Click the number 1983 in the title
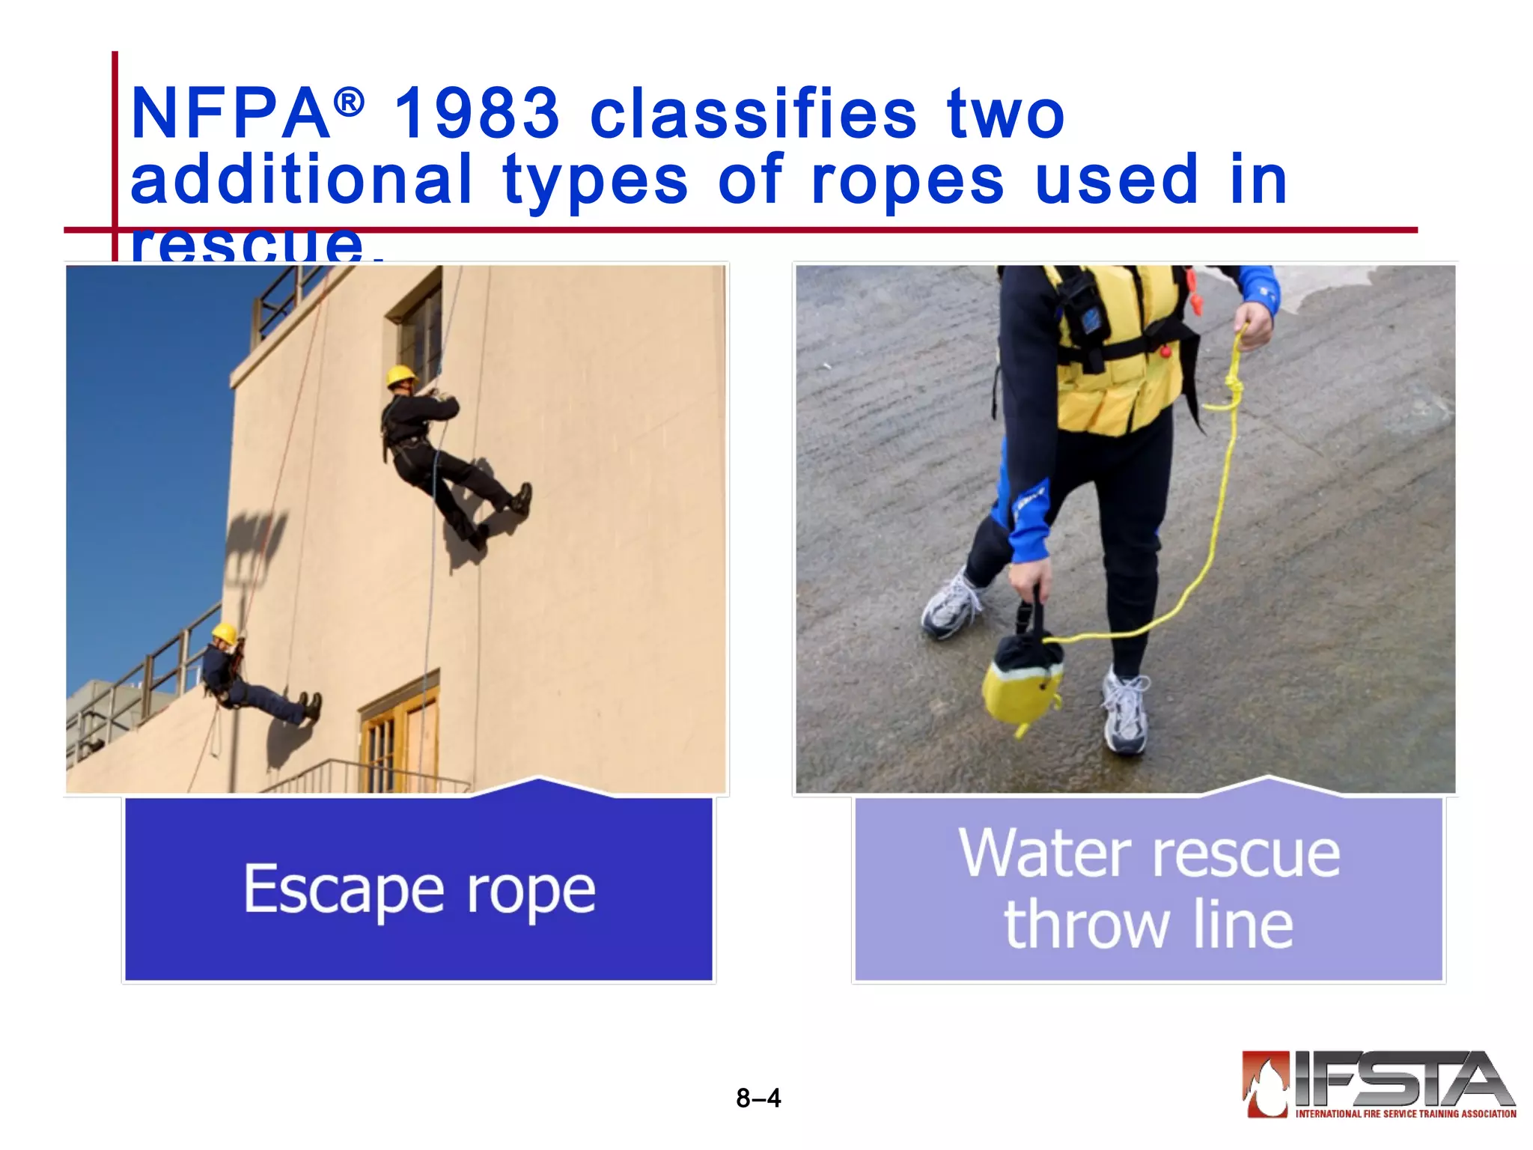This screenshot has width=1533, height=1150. click(477, 114)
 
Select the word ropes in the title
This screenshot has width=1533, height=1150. click(907, 180)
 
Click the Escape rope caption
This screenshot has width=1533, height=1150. click(419, 889)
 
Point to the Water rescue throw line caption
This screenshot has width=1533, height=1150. click(1149, 889)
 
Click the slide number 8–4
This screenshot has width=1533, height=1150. click(758, 1098)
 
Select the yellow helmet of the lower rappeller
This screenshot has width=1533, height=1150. click(224, 633)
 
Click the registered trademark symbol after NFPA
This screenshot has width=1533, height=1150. click(349, 103)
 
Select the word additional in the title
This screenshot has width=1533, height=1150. click(302, 180)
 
